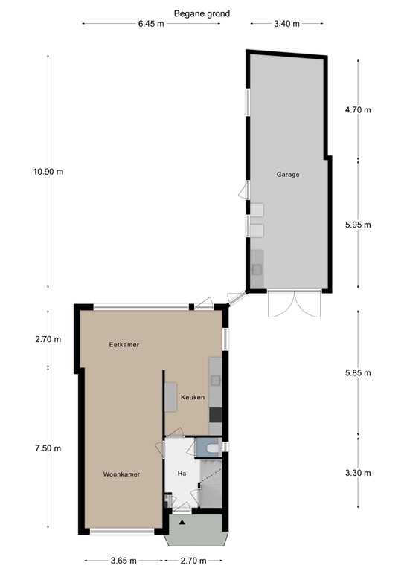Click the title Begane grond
pyautogui.click(x=202, y=14)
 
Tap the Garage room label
pyautogui.click(x=288, y=175)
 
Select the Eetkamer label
pyautogui.click(x=124, y=344)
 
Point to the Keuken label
pyautogui.click(x=193, y=397)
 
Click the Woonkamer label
pyautogui.click(x=121, y=474)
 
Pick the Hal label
pyautogui.click(x=182, y=474)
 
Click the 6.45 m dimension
pyautogui.click(x=151, y=24)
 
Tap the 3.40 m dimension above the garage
pyautogui.click(x=286, y=24)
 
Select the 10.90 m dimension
pyautogui.click(x=48, y=171)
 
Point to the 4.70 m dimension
pyautogui.click(x=358, y=109)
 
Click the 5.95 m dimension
pyautogui.click(x=358, y=225)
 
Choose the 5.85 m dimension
pyautogui.click(x=358, y=373)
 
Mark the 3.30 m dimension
pyautogui.click(x=358, y=473)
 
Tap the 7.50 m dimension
pyautogui.click(x=48, y=448)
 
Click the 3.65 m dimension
pyautogui.click(x=124, y=561)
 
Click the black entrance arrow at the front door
pyautogui.click(x=182, y=523)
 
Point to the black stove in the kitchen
pyautogui.click(x=216, y=415)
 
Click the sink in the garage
pyautogui.click(x=257, y=269)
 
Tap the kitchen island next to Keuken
pyautogui.click(x=171, y=397)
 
